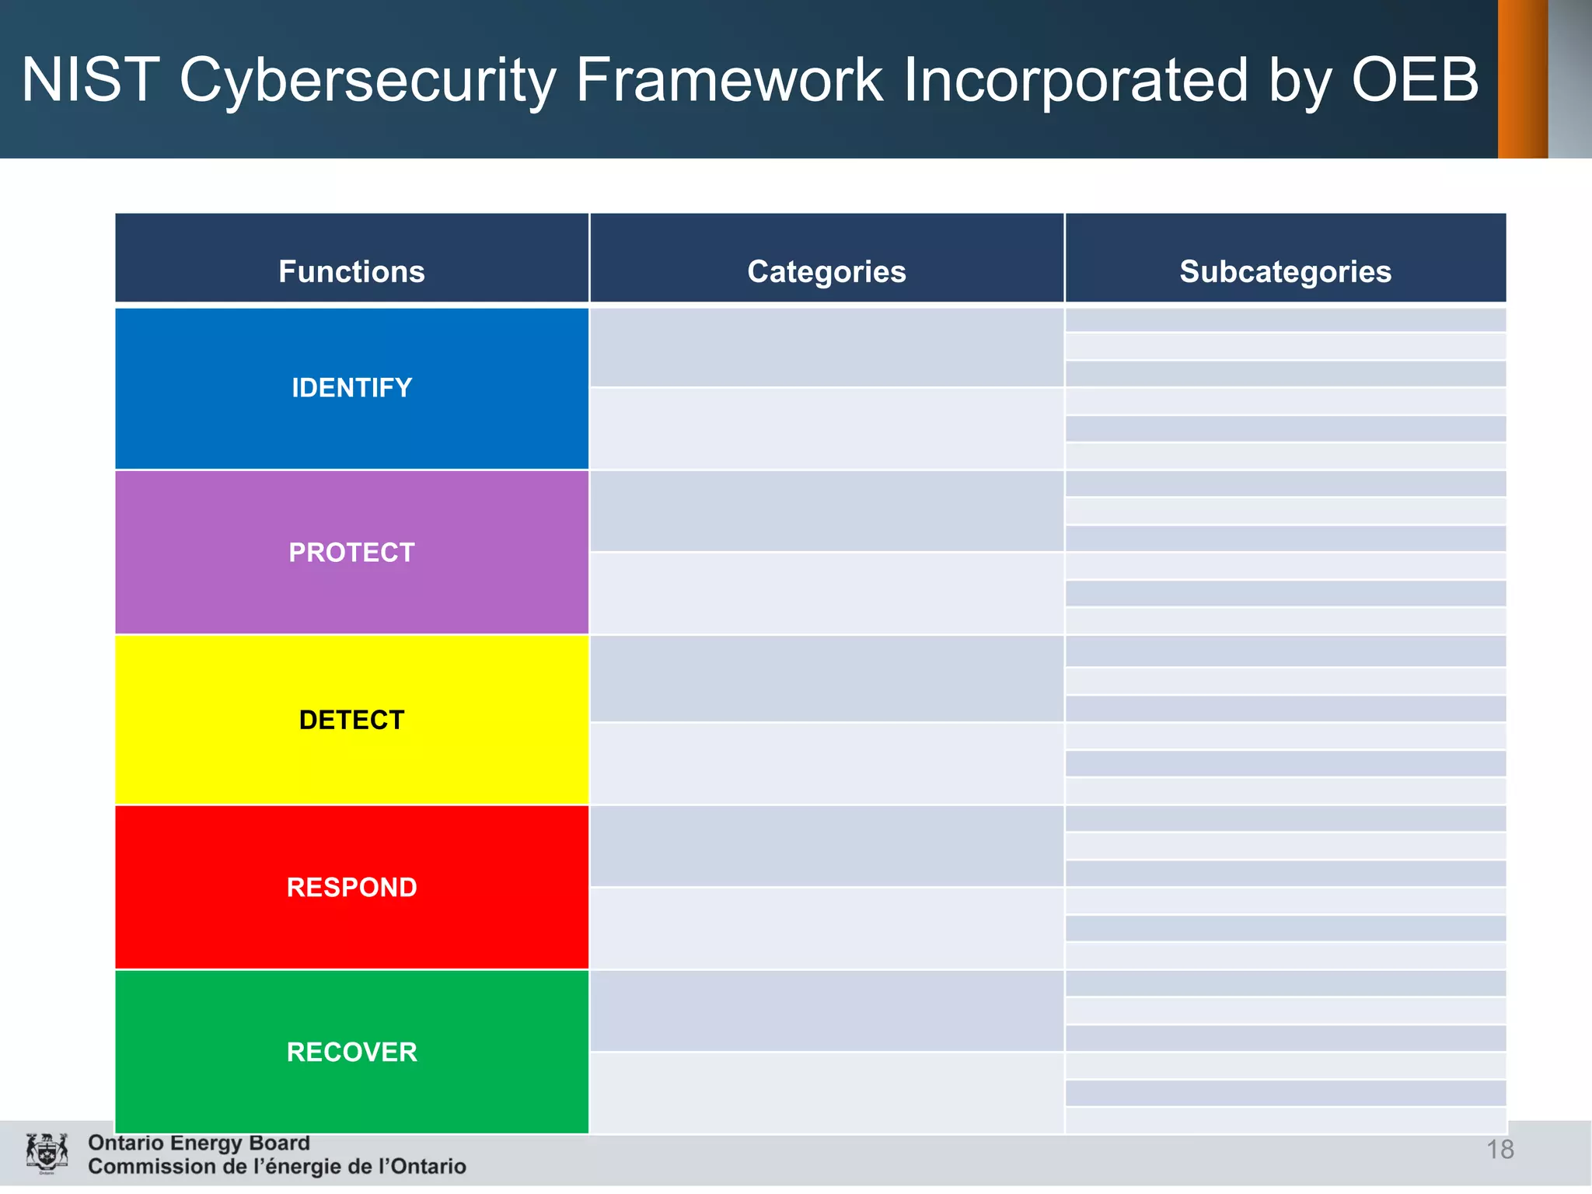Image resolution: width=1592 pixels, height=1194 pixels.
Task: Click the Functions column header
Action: pyautogui.click(x=351, y=271)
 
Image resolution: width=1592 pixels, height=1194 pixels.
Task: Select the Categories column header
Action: pyautogui.click(x=826, y=271)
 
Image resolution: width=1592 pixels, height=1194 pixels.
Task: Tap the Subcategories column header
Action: pyautogui.click(x=1285, y=271)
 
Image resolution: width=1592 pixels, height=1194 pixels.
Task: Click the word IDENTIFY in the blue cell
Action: pyautogui.click(x=351, y=387)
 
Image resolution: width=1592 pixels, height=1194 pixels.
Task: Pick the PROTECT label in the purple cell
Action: pyautogui.click(x=351, y=552)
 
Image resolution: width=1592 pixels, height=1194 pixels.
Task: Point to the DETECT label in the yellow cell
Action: pyautogui.click(x=351, y=720)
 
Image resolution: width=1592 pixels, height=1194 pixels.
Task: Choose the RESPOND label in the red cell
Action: pyautogui.click(x=351, y=887)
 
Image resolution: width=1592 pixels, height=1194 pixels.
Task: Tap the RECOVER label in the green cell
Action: pyautogui.click(x=351, y=1052)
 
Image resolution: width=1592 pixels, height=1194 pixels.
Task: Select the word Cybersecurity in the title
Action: pyautogui.click(x=368, y=82)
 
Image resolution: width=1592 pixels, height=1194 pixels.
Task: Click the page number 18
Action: pyautogui.click(x=1499, y=1149)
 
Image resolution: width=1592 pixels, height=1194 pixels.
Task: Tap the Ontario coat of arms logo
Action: pyautogui.click(x=47, y=1153)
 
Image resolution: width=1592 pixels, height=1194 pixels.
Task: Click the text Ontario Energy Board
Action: pyautogui.click(x=199, y=1143)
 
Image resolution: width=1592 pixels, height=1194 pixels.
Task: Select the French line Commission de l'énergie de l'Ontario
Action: pyautogui.click(x=277, y=1167)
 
